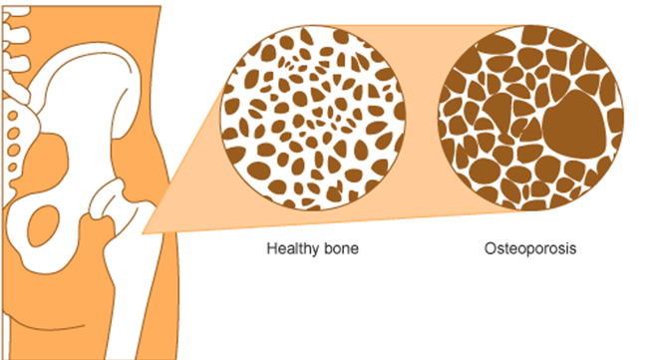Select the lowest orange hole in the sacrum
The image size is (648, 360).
click(14, 160)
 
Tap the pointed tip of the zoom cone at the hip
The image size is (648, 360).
click(146, 230)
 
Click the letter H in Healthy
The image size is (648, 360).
click(271, 247)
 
